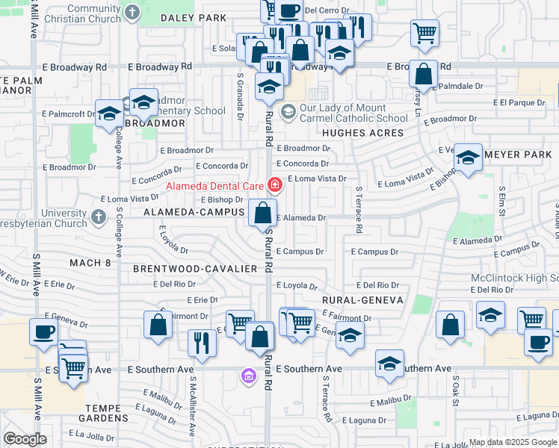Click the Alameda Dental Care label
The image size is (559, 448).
click(x=214, y=186)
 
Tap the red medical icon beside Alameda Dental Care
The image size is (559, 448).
click(x=274, y=184)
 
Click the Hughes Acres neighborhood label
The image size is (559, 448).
click(x=362, y=133)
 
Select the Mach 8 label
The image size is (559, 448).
click(x=90, y=263)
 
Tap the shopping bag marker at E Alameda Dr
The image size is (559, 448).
click(x=262, y=213)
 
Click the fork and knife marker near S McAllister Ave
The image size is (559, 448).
click(x=202, y=342)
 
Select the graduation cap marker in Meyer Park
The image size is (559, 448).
click(x=468, y=158)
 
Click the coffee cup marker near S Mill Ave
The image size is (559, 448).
click(x=43, y=332)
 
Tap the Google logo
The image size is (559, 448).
click(x=25, y=439)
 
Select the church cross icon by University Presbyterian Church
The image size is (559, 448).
click(x=99, y=219)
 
